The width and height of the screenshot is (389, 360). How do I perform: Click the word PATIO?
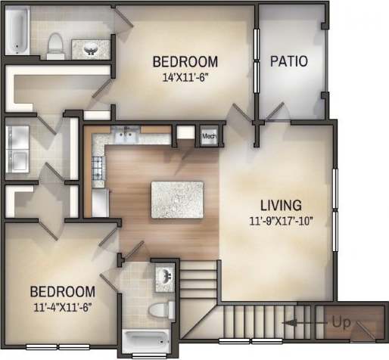(289, 61)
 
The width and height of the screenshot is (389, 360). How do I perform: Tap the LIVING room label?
(281, 205)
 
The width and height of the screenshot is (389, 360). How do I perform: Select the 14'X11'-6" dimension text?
(185, 76)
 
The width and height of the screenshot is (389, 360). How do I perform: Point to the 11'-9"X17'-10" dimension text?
(281, 221)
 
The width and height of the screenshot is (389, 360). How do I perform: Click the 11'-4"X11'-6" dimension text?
(62, 306)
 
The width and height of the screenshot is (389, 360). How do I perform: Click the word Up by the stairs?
(341, 323)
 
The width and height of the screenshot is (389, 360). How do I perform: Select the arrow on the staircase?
(303, 324)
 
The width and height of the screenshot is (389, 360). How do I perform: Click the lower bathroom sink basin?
(164, 277)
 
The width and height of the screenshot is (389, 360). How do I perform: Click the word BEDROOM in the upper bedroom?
(185, 61)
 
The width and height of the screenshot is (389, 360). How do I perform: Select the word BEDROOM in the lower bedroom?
(62, 291)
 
